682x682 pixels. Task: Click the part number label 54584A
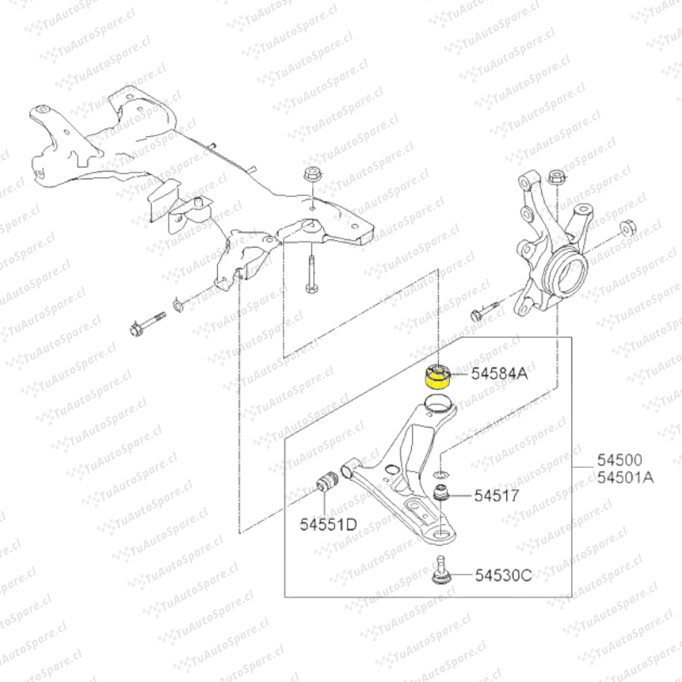[500, 374]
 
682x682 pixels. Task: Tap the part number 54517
[497, 496]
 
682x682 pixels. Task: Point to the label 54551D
[328, 524]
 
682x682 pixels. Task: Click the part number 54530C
[503, 575]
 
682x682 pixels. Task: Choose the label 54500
[620, 460]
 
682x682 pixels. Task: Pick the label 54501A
[625, 477]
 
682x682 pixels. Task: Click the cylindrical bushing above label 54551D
[328, 481]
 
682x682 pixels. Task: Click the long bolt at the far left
[148, 323]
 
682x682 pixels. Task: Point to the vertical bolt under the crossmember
[311, 273]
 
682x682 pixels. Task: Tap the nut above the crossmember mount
[311, 174]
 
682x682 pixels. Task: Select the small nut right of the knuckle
[626, 228]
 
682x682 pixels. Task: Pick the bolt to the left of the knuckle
[484, 311]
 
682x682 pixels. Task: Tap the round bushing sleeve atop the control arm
[438, 403]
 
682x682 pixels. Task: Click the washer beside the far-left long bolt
[178, 306]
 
